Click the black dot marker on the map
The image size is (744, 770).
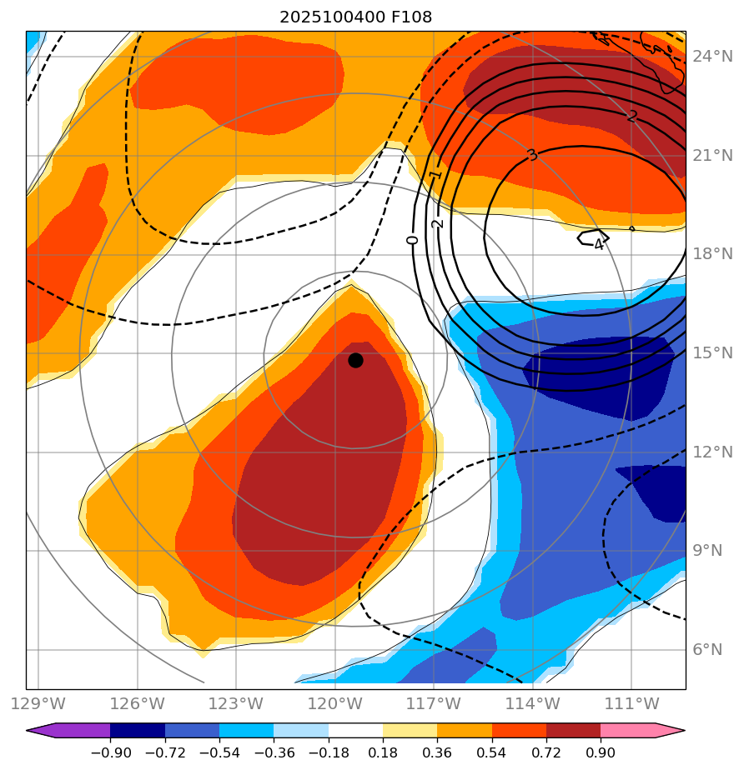click(x=355, y=360)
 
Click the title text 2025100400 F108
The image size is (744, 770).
click(x=355, y=17)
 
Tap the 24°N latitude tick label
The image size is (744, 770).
click(x=712, y=57)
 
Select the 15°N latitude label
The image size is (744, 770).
click(x=712, y=353)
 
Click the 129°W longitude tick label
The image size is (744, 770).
click(x=38, y=703)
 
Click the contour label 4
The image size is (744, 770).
click(x=598, y=244)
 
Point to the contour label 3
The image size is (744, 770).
click(x=531, y=155)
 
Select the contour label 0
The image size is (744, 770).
click(x=412, y=240)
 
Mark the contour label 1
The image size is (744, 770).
click(x=435, y=175)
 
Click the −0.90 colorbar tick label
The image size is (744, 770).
click(x=110, y=752)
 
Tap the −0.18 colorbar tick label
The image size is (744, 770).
click(x=329, y=752)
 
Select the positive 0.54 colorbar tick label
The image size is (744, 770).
click(x=492, y=752)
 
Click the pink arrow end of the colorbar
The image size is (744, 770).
click(x=668, y=731)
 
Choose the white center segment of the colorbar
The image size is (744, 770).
click(x=355, y=731)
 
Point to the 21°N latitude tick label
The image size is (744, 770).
click(x=712, y=156)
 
